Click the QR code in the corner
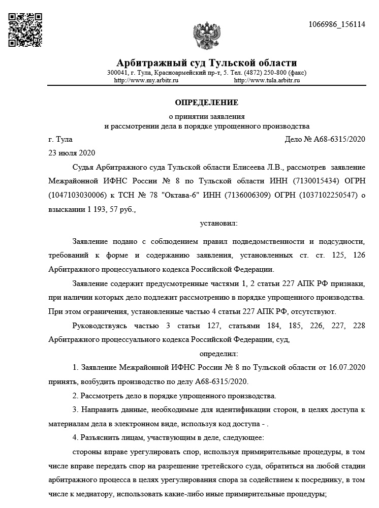point(25,29)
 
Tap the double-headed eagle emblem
point(206,36)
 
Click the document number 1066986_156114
point(337,25)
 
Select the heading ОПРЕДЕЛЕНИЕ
point(206,103)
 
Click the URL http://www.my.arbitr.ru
point(146,80)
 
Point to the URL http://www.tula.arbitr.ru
point(267,80)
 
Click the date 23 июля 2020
point(71,152)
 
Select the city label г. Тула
point(60,139)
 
